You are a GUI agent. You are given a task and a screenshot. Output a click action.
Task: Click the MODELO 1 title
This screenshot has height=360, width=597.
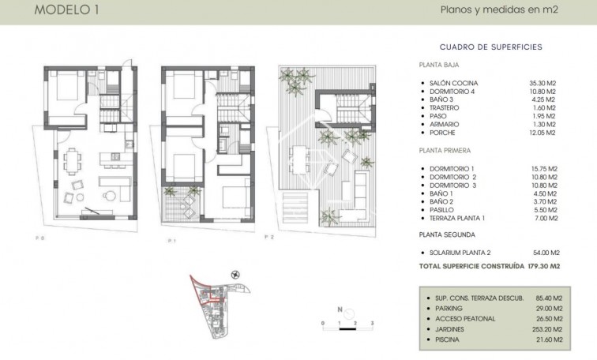point(68,11)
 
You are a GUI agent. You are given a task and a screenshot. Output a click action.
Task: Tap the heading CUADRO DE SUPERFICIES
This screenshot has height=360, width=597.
point(490,47)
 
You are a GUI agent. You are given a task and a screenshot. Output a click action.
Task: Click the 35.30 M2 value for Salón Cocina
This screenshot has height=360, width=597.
point(543,83)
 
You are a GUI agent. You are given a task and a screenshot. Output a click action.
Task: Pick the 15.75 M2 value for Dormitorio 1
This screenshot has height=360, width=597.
point(543,168)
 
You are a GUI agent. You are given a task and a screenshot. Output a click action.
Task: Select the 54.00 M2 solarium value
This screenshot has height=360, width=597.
point(543,251)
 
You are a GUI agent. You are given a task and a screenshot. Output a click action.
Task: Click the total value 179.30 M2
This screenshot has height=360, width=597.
point(543,266)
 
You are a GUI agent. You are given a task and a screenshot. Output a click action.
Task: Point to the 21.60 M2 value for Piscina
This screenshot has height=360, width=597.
point(547,339)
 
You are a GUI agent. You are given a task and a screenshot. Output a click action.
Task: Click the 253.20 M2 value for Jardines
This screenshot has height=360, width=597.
point(547,328)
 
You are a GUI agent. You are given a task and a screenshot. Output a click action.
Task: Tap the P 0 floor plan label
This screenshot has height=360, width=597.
point(39,238)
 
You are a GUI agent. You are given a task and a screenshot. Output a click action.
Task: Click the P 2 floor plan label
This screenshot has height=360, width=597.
point(269,237)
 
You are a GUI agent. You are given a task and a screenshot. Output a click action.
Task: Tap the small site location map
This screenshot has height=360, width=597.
point(218,303)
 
